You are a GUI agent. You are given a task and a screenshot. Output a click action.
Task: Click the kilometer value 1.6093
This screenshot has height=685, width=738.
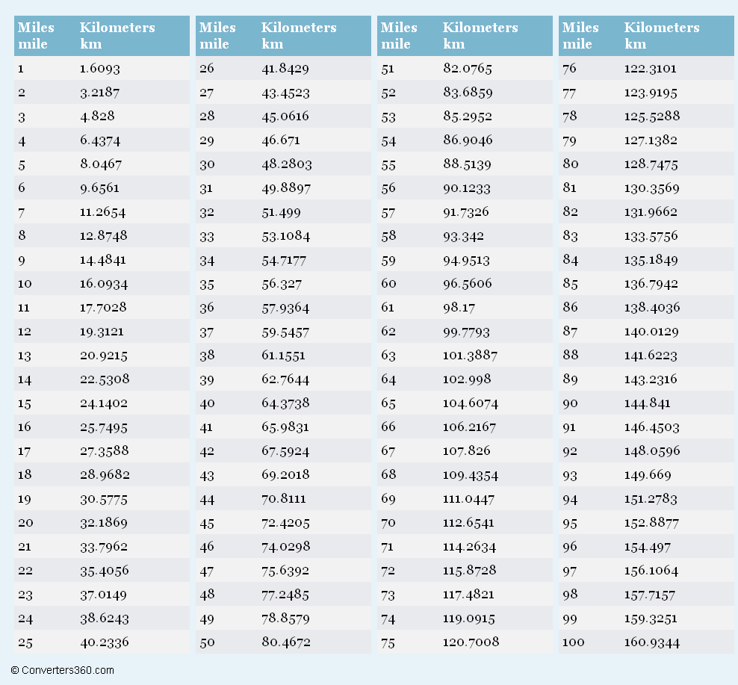click(x=100, y=69)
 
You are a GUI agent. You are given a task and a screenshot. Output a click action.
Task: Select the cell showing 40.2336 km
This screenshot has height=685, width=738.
click(x=104, y=642)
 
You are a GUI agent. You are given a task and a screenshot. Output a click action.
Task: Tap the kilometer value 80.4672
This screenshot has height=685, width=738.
click(x=286, y=642)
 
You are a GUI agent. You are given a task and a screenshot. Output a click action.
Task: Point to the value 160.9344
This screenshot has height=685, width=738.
click(x=652, y=642)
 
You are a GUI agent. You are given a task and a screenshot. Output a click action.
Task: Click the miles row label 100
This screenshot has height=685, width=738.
click(x=574, y=642)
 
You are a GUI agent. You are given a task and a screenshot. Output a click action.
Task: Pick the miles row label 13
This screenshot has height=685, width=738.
click(x=25, y=356)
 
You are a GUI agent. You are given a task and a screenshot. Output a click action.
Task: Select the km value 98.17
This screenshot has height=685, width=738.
click(x=459, y=308)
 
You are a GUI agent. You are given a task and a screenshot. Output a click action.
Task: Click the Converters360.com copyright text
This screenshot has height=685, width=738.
click(x=63, y=670)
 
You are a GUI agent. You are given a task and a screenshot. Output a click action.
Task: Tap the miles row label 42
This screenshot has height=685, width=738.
click(x=206, y=451)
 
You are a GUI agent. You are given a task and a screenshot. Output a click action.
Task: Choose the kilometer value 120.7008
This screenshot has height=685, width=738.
click(x=471, y=642)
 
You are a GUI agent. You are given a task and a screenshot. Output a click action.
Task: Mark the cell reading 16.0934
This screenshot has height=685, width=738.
click(x=104, y=284)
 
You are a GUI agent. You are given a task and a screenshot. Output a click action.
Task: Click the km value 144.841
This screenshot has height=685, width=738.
click(x=647, y=403)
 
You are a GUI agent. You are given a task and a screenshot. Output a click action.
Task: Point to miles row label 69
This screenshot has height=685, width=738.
click(x=388, y=499)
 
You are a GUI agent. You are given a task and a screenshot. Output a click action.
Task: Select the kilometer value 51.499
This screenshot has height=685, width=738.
click(x=281, y=212)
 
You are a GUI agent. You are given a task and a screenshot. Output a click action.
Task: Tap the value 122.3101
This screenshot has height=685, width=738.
click(x=650, y=69)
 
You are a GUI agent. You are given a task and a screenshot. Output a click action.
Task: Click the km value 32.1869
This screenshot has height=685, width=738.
click(x=104, y=523)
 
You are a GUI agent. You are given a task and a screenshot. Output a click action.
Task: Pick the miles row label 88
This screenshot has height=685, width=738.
click(x=571, y=356)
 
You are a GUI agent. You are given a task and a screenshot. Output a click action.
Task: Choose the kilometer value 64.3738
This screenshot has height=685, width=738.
click(x=285, y=403)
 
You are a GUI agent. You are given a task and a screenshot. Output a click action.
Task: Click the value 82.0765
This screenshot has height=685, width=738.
click(x=468, y=69)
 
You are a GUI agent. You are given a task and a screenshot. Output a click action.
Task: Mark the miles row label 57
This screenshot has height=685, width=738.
click(x=388, y=212)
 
